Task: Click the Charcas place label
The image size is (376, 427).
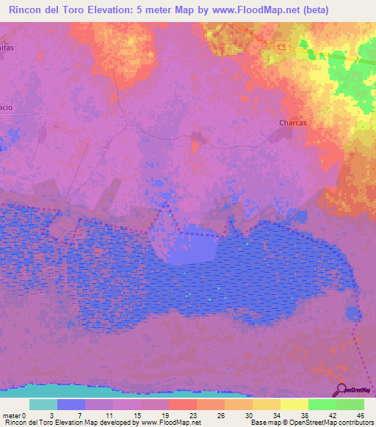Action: click(x=292, y=123)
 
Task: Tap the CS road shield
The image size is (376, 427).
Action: click(x=281, y=47)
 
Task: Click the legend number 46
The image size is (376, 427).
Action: click(x=360, y=415)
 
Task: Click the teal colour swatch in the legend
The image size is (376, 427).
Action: click(x=43, y=404)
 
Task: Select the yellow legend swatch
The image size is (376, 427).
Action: click(x=294, y=404)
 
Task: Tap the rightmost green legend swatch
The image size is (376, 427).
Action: click(x=350, y=404)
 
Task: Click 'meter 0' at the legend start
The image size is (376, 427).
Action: click(x=15, y=415)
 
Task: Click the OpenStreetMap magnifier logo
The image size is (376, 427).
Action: click(x=341, y=390)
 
